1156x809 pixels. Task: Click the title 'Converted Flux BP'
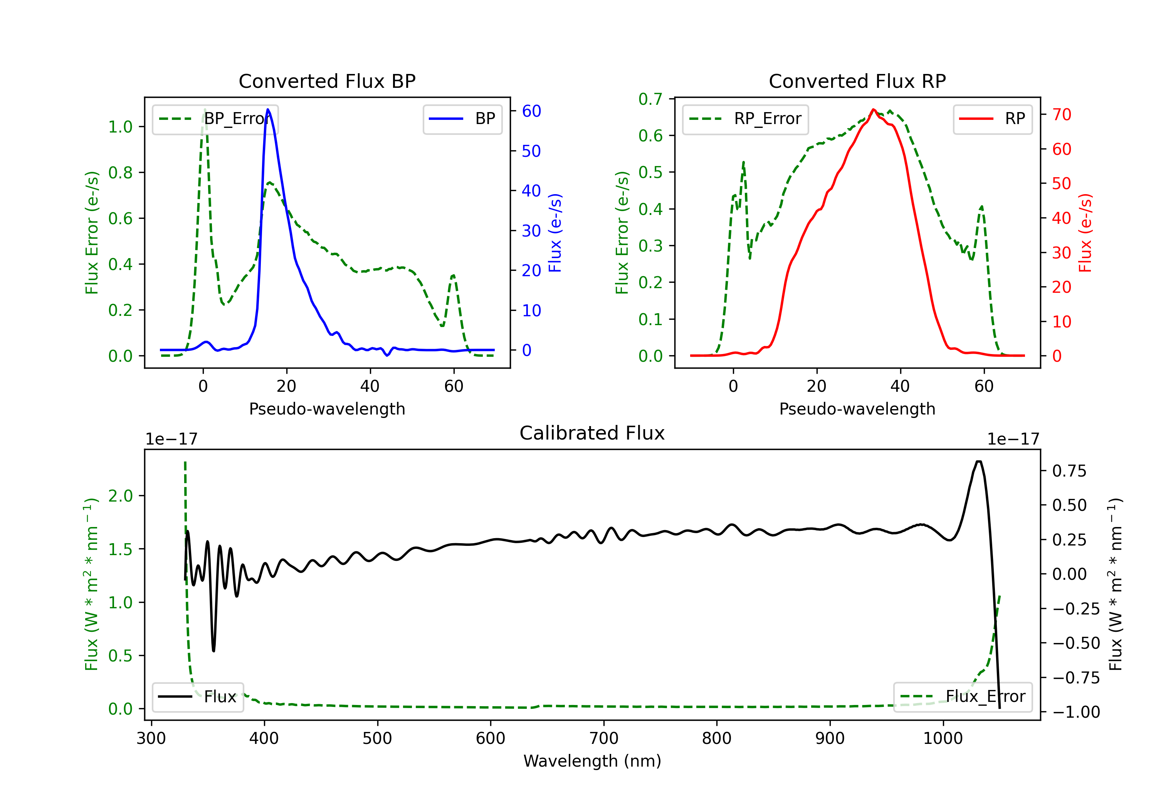click(327, 81)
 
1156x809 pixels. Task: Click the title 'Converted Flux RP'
click(857, 81)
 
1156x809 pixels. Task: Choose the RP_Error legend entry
click(745, 119)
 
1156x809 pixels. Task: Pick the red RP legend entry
click(992, 119)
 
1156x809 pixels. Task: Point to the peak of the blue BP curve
click(268, 109)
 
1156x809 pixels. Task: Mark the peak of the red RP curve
click(874, 109)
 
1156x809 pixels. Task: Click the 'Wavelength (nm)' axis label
click(592, 761)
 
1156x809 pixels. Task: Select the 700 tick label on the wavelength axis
click(604, 739)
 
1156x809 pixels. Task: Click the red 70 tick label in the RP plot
click(1061, 114)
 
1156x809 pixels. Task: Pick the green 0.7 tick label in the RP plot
click(650, 99)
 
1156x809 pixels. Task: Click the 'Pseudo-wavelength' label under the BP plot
click(327, 409)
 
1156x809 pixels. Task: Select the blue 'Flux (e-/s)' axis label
click(555, 233)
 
